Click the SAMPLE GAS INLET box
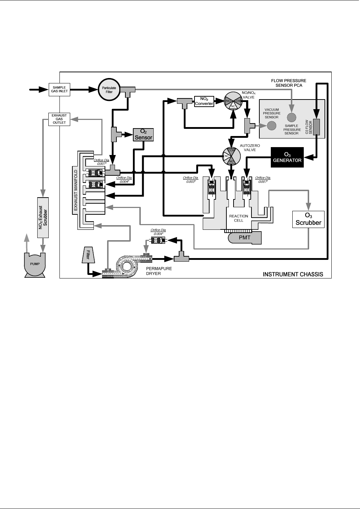click(x=59, y=89)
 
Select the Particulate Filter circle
click(x=109, y=89)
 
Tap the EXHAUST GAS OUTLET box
click(x=59, y=119)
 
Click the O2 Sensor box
click(x=143, y=135)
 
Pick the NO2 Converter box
click(x=204, y=101)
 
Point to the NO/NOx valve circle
click(x=234, y=102)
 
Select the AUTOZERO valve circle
click(x=232, y=156)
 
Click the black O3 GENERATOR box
click(x=287, y=157)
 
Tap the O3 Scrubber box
click(x=308, y=219)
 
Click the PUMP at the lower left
click(x=35, y=264)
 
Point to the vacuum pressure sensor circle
click(x=272, y=126)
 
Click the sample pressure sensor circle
click(x=292, y=118)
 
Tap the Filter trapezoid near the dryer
click(x=88, y=255)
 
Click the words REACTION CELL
click(x=239, y=218)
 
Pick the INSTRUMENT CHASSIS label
click(x=293, y=275)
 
